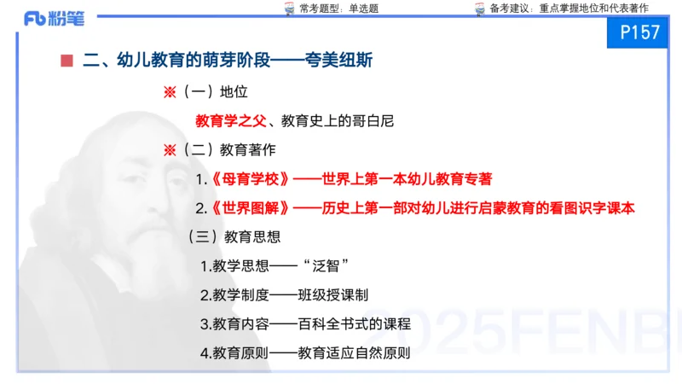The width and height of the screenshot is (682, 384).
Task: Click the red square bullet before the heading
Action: pyautogui.click(x=66, y=61)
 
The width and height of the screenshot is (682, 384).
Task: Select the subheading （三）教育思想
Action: pyautogui.click(x=234, y=236)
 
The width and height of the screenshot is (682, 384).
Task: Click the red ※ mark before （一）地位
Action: pyautogui.click(x=169, y=91)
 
